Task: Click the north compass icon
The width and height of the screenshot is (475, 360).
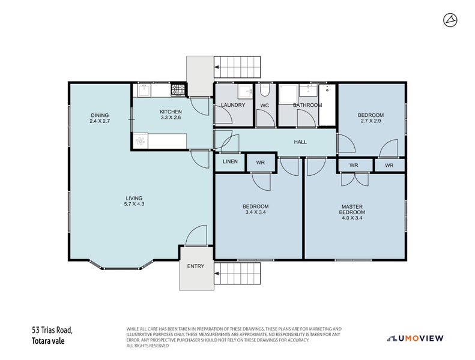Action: [450, 20]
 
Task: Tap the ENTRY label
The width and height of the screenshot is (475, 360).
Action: [196, 266]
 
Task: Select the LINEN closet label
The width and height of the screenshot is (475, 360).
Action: [230, 161]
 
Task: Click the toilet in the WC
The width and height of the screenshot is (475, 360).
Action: [265, 90]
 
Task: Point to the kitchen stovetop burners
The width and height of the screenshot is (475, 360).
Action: [178, 90]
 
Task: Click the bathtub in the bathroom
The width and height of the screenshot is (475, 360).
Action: [327, 105]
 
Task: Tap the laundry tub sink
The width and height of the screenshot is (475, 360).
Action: [245, 91]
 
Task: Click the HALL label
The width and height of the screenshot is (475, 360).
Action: [300, 142]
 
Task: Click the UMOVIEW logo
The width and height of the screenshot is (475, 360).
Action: [415, 338]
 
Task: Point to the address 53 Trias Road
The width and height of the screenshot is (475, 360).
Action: [52, 330]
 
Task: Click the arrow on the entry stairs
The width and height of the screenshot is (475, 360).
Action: [217, 274]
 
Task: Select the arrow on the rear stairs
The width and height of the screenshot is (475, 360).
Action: [217, 67]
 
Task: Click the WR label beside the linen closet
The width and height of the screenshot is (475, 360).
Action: [261, 163]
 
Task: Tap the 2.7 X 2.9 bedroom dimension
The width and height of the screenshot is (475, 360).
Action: [371, 121]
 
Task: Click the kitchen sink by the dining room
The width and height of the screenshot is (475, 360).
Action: [144, 90]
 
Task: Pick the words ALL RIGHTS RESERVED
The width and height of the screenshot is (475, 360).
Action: [148, 346]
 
